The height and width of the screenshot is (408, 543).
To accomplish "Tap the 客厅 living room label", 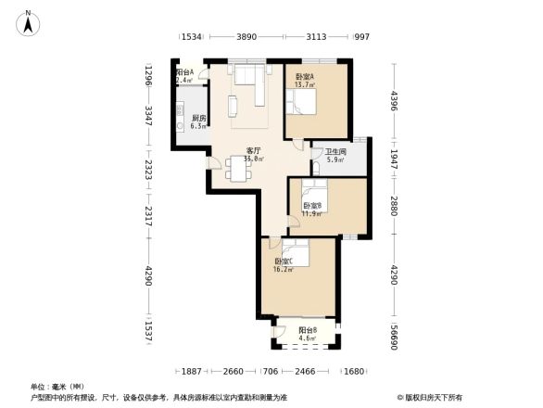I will pos(251,151).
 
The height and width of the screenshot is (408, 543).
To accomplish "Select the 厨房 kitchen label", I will pos(197,120).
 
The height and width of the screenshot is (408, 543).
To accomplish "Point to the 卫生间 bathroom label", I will pos(335,153).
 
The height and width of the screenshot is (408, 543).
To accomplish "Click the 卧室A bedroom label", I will pos(304,78).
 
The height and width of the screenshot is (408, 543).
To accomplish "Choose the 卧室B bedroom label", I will pos(311,206).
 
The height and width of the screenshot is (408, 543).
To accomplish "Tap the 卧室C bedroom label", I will pos(283,262).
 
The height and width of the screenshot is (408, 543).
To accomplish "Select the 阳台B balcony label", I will pos(308,331).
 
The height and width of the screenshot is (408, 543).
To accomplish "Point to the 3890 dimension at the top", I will pos(246,37).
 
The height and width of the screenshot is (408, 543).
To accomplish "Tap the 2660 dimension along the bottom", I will pos(234,371).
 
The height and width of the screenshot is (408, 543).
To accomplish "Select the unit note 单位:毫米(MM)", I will pos(57,386).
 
